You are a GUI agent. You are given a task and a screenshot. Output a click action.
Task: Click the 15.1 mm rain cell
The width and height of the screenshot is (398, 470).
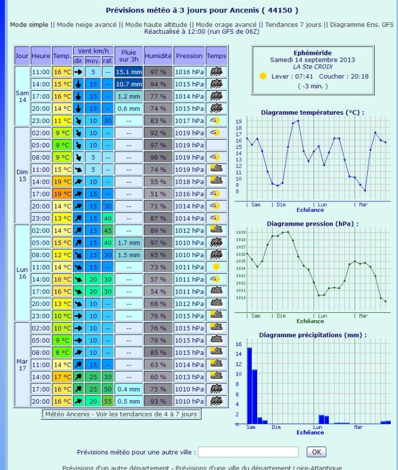(128, 72)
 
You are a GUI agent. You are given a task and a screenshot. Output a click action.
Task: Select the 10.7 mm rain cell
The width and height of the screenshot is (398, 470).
(128, 84)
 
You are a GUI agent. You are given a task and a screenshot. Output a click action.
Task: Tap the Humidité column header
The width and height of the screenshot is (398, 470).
(158, 56)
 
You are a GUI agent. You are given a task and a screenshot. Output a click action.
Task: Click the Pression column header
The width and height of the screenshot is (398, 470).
(189, 56)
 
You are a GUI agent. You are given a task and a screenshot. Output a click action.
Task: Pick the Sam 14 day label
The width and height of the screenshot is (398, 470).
(22, 96)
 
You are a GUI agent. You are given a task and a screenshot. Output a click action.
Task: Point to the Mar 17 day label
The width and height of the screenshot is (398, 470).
(22, 364)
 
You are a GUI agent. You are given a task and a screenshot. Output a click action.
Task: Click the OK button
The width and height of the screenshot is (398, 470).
(317, 451)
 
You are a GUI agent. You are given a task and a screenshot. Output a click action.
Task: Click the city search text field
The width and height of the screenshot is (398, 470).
(248, 452)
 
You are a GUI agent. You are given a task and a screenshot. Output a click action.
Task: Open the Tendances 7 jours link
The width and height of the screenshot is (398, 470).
(294, 25)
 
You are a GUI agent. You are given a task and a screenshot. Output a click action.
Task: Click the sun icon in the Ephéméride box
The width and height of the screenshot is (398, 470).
(263, 76)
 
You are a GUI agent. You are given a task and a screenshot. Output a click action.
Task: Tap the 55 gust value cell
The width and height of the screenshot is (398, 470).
(107, 401)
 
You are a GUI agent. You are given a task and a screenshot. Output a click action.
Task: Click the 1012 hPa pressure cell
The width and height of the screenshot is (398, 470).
(189, 230)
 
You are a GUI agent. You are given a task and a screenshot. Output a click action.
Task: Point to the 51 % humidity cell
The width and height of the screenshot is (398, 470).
(158, 193)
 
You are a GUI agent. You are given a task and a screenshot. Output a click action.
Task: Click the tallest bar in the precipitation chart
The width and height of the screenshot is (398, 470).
(249, 385)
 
